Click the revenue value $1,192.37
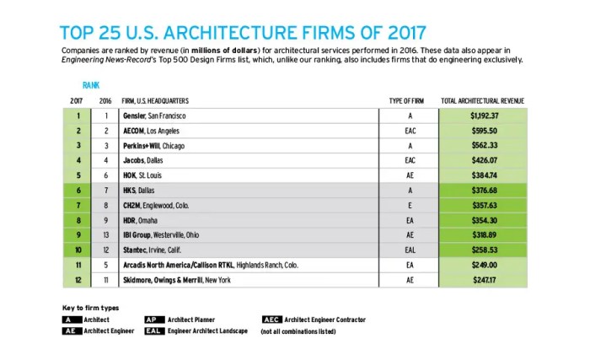[x=483, y=115]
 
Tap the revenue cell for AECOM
[x=483, y=131]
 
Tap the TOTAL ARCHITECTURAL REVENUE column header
[x=483, y=100]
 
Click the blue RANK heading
[x=91, y=85]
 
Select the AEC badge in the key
[x=271, y=320]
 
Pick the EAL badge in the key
[x=155, y=332]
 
